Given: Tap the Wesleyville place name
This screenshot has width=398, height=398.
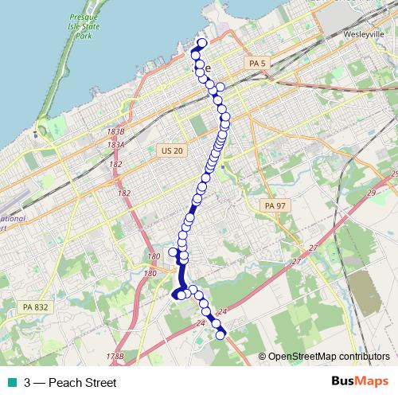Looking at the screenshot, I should click(x=364, y=35).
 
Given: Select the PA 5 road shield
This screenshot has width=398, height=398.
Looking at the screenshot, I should click(x=256, y=63).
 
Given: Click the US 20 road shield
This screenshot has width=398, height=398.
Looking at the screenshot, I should click(x=171, y=150).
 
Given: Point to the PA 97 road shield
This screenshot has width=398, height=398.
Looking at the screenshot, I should click(x=274, y=205).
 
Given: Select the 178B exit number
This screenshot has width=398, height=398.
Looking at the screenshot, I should click(x=117, y=356).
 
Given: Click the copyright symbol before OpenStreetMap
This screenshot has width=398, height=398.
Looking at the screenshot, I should click(x=263, y=357).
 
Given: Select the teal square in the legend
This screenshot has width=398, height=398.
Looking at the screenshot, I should click(x=10, y=383).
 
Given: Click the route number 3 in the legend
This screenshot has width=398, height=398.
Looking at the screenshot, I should click(x=28, y=383).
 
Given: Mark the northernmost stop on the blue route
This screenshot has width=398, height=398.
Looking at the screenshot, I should click(x=202, y=43).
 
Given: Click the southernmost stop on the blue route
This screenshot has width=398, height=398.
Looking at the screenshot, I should click(x=221, y=335).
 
